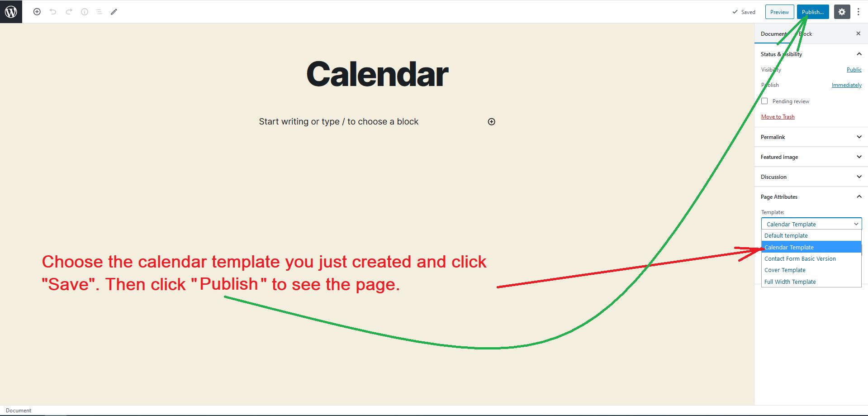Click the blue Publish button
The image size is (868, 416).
(x=813, y=12)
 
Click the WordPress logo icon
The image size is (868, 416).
(x=11, y=11)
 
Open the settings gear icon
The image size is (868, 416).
(x=842, y=12)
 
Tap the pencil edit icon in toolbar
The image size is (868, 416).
(x=114, y=12)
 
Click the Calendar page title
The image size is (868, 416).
(x=377, y=74)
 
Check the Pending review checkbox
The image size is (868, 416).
(x=764, y=101)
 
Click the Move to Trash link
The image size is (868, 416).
(x=778, y=117)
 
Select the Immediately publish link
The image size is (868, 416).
(x=846, y=85)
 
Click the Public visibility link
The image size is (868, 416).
(x=854, y=70)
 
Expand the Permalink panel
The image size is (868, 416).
(x=811, y=137)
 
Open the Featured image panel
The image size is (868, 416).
(x=811, y=157)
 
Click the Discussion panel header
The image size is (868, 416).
(x=811, y=177)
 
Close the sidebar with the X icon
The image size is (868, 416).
(x=858, y=33)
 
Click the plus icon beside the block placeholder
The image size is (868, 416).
(x=492, y=122)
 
